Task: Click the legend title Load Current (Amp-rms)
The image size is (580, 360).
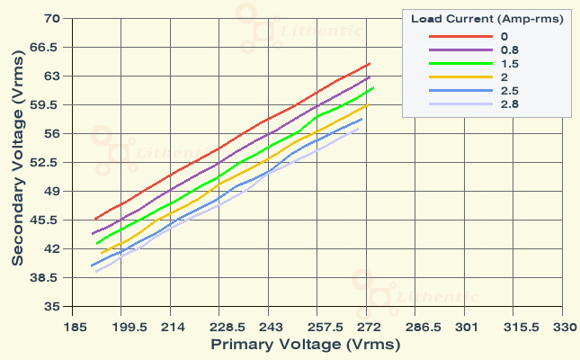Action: point(486,19)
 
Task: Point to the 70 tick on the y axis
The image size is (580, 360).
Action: point(51,18)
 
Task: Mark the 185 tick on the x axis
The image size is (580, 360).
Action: point(76,327)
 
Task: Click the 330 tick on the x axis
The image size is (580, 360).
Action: point(563,327)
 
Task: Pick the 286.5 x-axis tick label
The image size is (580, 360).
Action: point(417,327)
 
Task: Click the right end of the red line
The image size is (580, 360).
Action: point(370,64)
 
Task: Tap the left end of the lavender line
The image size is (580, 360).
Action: point(95,272)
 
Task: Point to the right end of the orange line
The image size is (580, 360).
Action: point(368,105)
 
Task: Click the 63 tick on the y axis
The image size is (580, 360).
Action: point(51,76)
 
